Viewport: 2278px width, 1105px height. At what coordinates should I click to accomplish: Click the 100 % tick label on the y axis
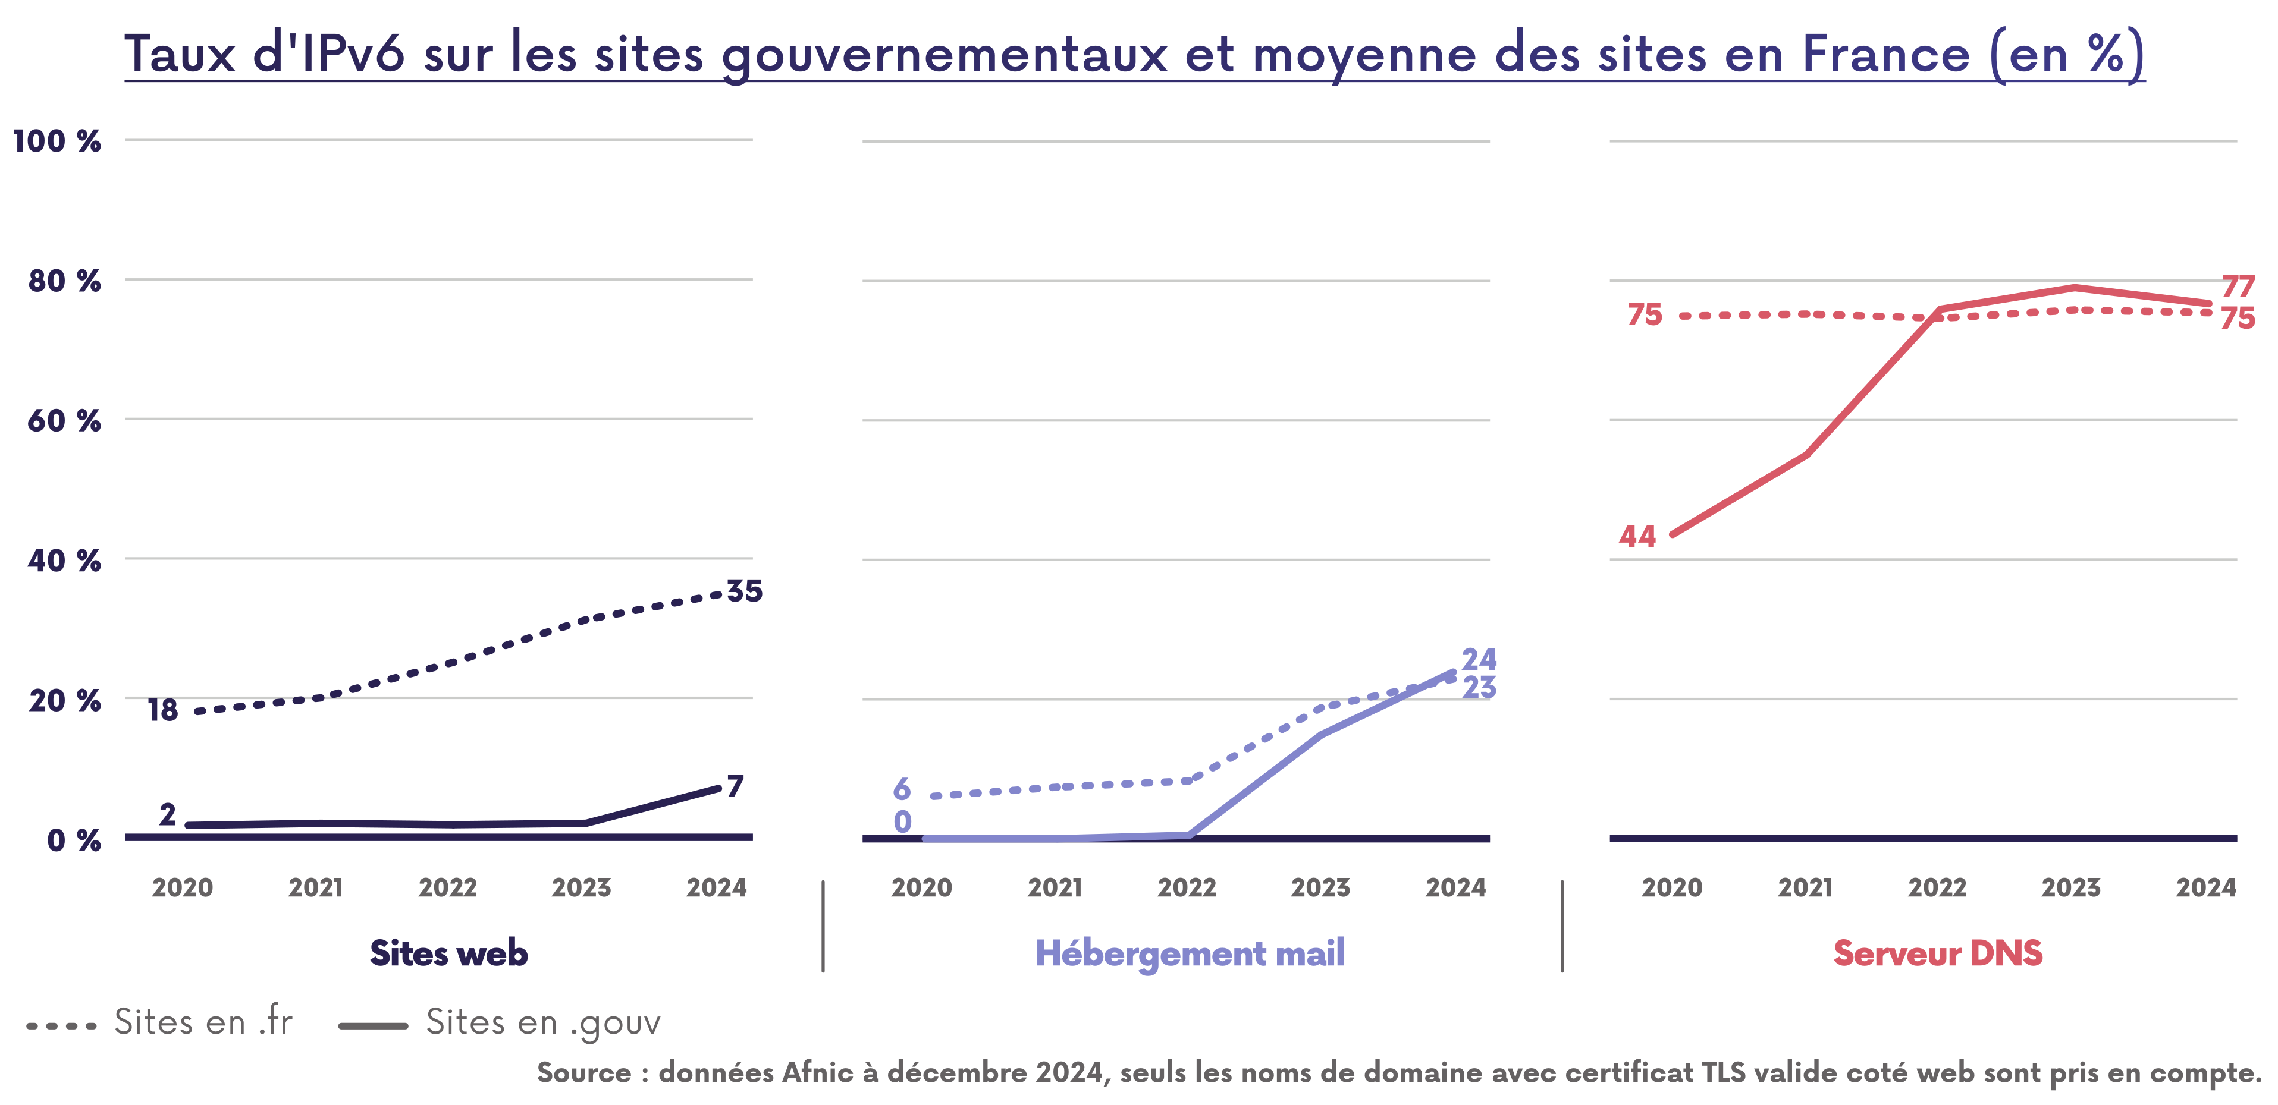click(57, 141)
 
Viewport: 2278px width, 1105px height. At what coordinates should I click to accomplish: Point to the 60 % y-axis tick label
click(64, 421)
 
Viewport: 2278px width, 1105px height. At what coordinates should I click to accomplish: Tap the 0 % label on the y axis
click(73, 840)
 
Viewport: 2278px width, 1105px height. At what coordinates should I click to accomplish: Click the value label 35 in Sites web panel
click(743, 591)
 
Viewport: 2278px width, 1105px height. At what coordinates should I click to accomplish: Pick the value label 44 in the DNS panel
click(1637, 537)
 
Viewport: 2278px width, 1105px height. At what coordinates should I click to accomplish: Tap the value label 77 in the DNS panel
click(2238, 287)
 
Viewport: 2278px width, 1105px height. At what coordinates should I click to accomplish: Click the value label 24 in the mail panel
click(1479, 659)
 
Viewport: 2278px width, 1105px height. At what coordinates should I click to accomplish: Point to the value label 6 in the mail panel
click(901, 789)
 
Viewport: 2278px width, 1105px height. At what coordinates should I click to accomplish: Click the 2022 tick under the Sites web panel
click(447, 887)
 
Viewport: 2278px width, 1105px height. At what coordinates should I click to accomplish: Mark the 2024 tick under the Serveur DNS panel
click(2205, 887)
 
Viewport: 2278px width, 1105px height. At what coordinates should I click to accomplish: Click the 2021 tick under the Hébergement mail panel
click(1054, 887)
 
